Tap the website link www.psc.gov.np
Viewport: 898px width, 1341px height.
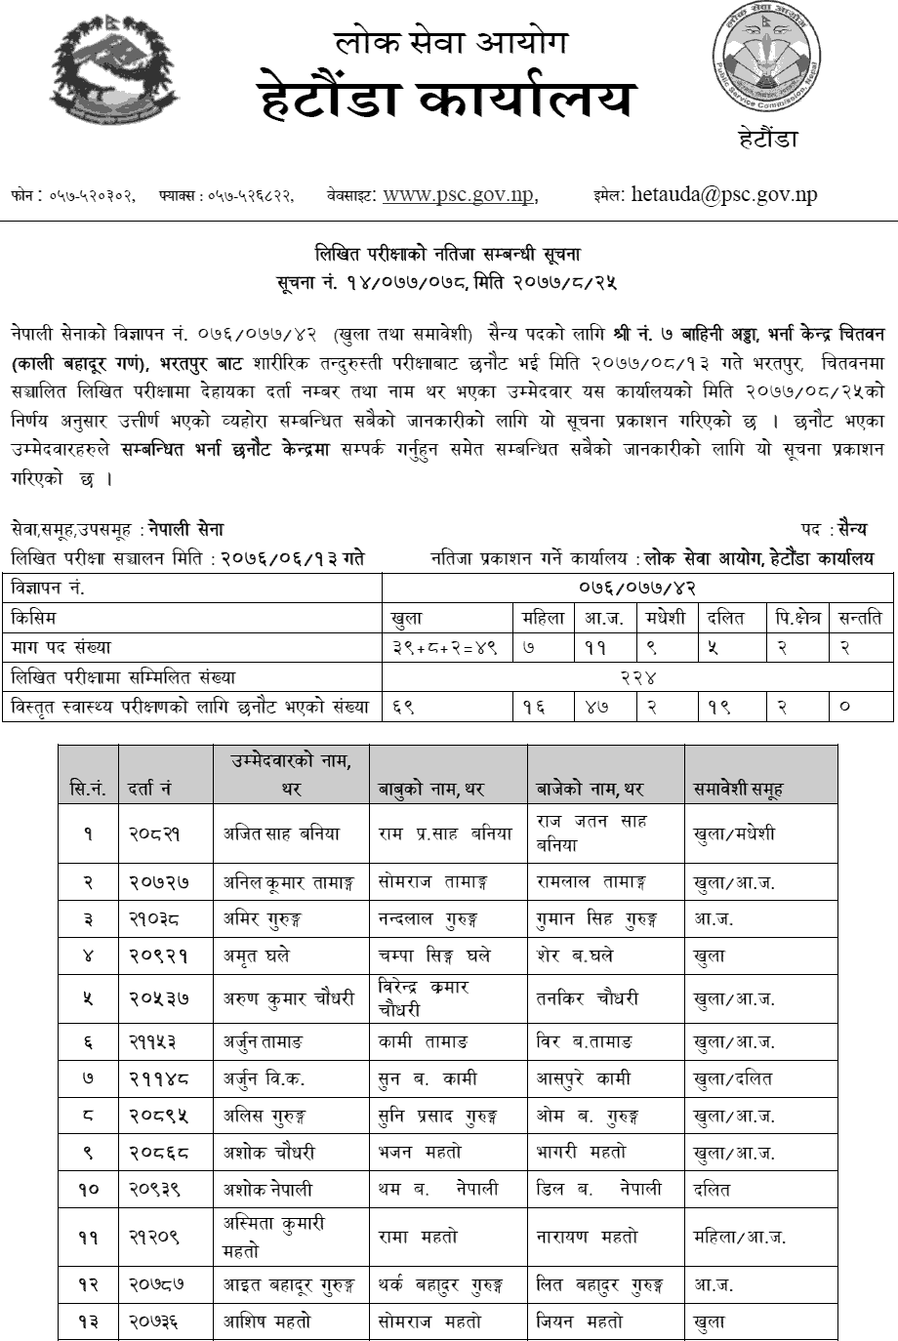pos(459,194)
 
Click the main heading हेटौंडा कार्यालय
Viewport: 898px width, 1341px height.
pos(449,101)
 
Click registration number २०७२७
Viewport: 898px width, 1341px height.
pos(158,881)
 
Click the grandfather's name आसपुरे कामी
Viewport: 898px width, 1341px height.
pos(584,1078)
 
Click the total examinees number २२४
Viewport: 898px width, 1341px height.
pos(636,676)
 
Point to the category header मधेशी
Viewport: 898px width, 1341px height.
pos(666,618)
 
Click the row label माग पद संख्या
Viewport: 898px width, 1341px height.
pos(61,647)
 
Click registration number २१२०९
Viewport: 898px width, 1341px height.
pos(158,1236)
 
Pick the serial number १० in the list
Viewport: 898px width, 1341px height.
pos(88,1189)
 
